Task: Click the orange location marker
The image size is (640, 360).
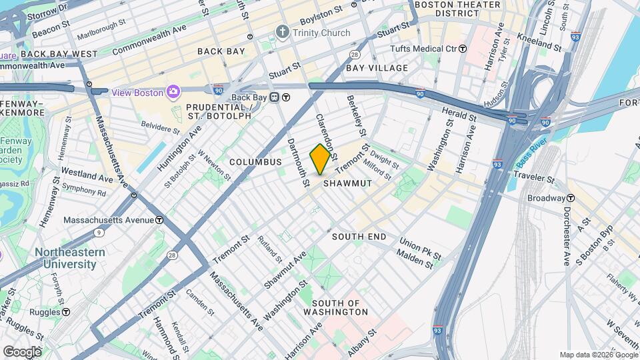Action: (320, 159)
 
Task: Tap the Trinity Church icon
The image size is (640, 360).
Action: (283, 33)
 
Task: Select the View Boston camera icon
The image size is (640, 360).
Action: (173, 92)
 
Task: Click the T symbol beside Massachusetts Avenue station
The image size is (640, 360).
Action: (160, 220)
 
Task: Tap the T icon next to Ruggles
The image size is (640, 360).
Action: (66, 312)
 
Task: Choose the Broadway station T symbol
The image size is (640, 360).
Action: (571, 198)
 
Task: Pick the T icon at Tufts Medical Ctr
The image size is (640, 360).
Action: (463, 49)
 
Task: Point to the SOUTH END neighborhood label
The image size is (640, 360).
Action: (359, 237)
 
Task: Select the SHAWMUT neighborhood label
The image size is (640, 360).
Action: (347, 183)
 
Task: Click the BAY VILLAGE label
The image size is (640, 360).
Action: (377, 68)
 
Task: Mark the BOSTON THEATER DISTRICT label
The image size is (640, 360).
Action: (457, 9)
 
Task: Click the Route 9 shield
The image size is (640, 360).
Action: (99, 233)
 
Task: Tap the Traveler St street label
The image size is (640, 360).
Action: (532, 179)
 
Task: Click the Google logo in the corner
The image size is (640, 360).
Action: (22, 351)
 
